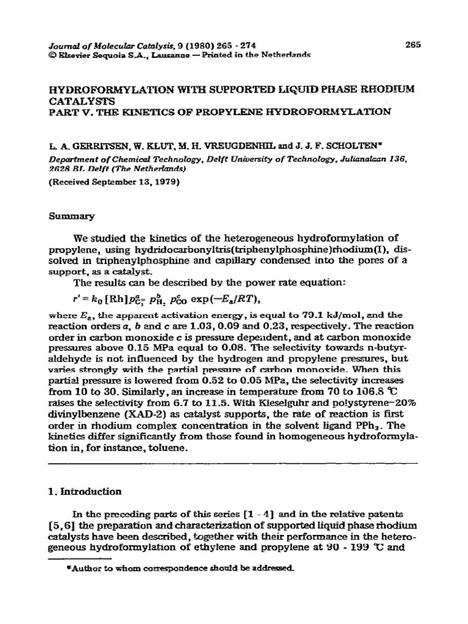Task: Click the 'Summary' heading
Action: (x=65, y=216)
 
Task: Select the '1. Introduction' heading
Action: (x=85, y=491)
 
